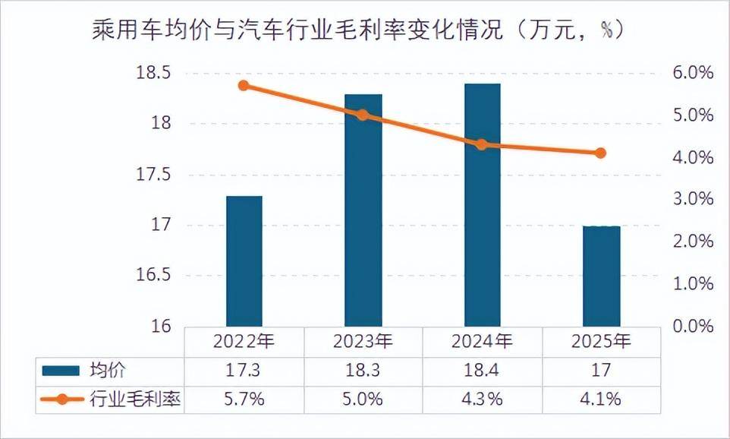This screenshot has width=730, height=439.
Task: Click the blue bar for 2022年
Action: coord(244,261)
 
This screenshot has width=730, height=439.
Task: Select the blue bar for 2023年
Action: coord(363,210)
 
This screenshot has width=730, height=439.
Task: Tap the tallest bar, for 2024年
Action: coord(482,205)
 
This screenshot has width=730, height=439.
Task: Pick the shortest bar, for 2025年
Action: coord(601,276)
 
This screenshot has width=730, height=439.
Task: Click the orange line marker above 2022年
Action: coord(244,86)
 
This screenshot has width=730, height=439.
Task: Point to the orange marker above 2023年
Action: coord(363,115)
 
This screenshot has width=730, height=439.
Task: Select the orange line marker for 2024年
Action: coord(481,144)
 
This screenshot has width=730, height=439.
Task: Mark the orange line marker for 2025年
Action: coord(600,153)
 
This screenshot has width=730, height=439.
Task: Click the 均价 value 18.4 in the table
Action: coord(482,371)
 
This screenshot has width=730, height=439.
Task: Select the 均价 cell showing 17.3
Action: coord(244,371)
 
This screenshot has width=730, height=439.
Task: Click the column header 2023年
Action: coord(363,341)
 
